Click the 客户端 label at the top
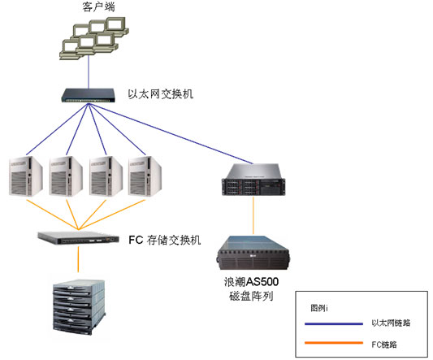pyautogui.click(x=98, y=7)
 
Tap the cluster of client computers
pyautogui.click(x=94, y=38)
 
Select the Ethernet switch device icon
pyautogui.click(x=88, y=95)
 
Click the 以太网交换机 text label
pyautogui.click(x=160, y=94)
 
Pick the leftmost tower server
pyautogui.click(x=26, y=176)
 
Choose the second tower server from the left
pyautogui.click(x=66, y=176)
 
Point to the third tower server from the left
pyautogui.click(x=106, y=176)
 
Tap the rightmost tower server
pyautogui.click(x=145, y=176)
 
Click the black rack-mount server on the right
pyautogui.click(x=253, y=180)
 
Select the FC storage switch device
pyautogui.click(x=79, y=237)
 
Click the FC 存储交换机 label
pyautogui.click(x=165, y=240)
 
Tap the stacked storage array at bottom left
pyautogui.click(x=80, y=306)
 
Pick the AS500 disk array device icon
pyautogui.click(x=253, y=253)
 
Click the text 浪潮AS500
pyautogui.click(x=251, y=282)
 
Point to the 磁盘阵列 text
pyautogui.click(x=251, y=296)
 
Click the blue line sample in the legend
pyautogui.click(x=334, y=323)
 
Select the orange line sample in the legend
pyautogui.click(x=334, y=343)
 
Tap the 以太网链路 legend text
pyautogui.click(x=391, y=323)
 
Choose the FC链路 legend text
pyautogui.click(x=384, y=345)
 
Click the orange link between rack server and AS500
pyautogui.click(x=253, y=215)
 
